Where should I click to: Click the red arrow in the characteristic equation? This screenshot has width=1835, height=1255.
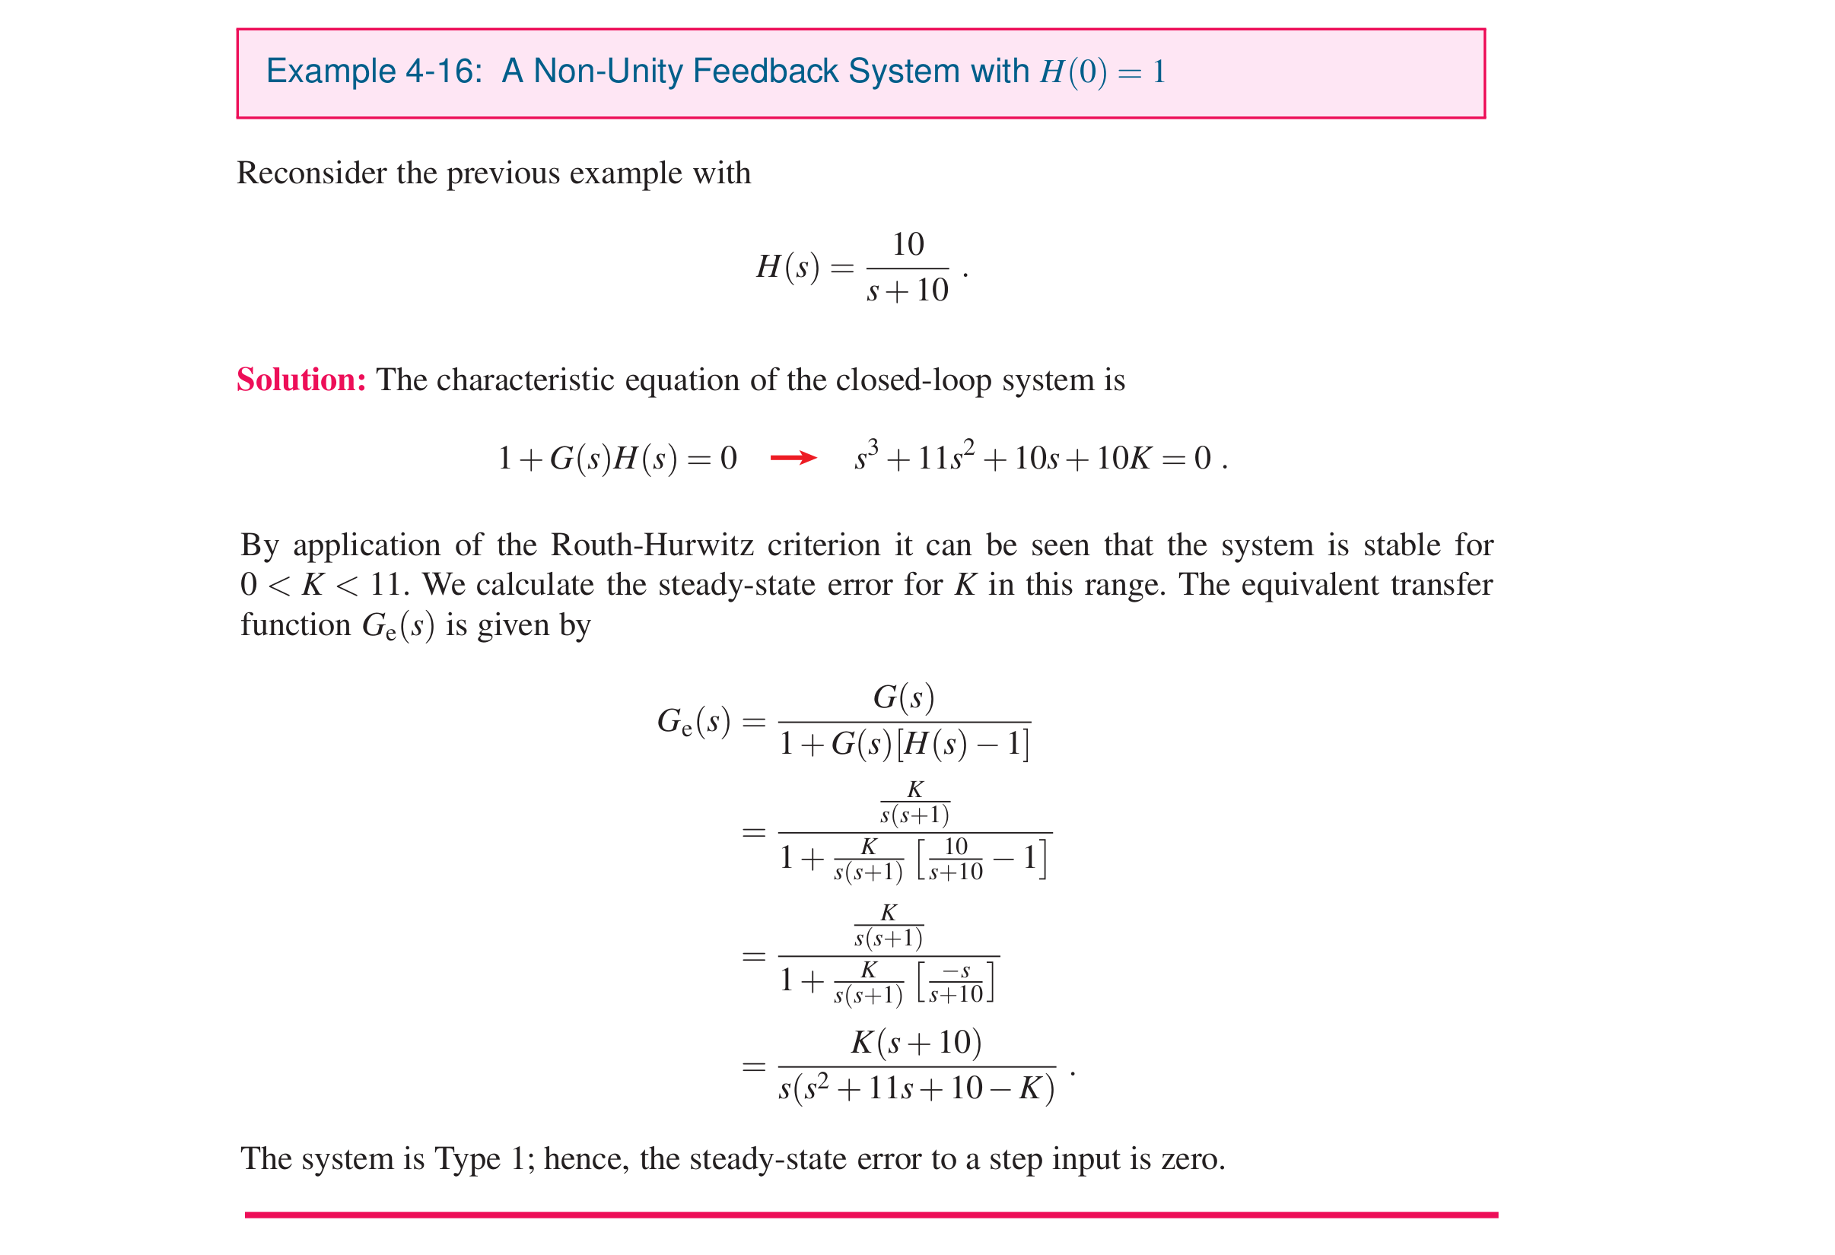pos(793,458)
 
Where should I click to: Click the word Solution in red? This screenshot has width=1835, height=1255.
pos(301,380)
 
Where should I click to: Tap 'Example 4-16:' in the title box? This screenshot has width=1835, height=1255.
pos(374,71)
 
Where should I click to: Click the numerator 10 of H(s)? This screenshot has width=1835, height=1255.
pos(908,245)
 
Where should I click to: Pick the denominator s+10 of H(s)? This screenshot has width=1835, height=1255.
pos(908,291)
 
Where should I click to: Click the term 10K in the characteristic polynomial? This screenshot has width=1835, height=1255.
pos(1123,458)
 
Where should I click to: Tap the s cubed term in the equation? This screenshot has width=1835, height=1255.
pos(867,456)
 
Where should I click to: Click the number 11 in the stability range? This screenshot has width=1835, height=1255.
pos(385,585)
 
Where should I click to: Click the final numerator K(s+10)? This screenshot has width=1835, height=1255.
pos(916,1043)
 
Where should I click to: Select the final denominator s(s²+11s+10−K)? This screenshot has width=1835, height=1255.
pos(916,1088)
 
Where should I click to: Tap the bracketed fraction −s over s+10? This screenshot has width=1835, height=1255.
pos(956,983)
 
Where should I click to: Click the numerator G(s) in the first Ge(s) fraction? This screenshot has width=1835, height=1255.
pos(903,697)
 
